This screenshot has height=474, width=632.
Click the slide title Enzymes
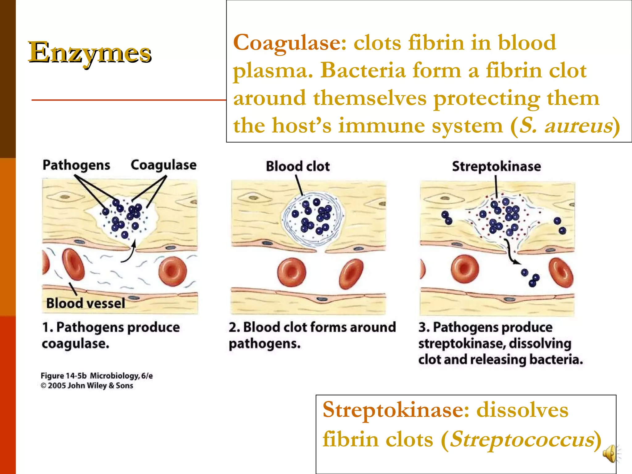(x=89, y=52)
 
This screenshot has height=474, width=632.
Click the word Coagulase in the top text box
(x=289, y=43)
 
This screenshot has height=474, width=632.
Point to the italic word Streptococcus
(x=522, y=439)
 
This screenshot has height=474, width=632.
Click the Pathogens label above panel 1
(x=76, y=165)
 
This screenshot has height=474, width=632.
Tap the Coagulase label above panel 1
(x=163, y=165)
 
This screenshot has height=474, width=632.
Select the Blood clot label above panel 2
(x=298, y=166)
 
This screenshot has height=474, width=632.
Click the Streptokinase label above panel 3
(x=496, y=167)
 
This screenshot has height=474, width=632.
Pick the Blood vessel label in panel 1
(x=85, y=303)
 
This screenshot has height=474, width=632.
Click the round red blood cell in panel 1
(x=173, y=271)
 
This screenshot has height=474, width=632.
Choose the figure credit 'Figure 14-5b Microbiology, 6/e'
(x=97, y=376)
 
